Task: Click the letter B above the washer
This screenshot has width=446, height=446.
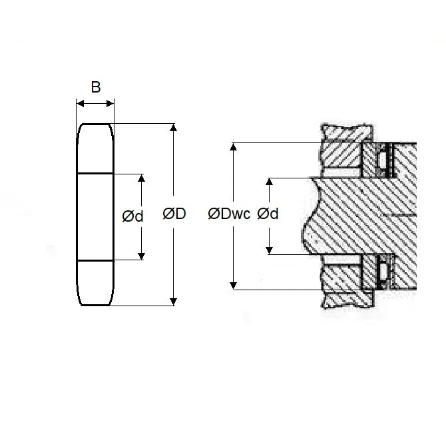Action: pyautogui.click(x=96, y=87)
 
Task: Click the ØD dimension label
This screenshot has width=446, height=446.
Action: pyautogui.click(x=174, y=214)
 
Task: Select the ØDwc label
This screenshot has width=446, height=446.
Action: pyautogui.click(x=228, y=214)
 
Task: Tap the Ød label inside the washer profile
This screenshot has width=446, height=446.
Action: pyautogui.click(x=132, y=216)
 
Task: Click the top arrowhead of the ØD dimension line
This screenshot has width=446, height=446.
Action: pyautogui.click(x=174, y=128)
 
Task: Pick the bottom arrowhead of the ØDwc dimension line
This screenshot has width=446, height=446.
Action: pyautogui.click(x=233, y=286)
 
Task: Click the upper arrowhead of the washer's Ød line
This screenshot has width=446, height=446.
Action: pyautogui.click(x=141, y=178)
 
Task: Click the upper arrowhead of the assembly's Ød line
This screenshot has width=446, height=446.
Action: pyautogui.click(x=269, y=182)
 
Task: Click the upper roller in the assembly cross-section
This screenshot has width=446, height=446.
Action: pyautogui.click(x=382, y=160)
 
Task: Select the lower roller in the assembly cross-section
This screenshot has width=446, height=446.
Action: pyautogui.click(x=382, y=272)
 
